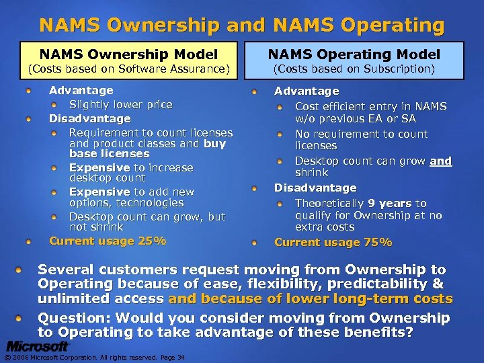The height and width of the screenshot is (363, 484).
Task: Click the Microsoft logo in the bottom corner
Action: pyautogui.click(x=38, y=347)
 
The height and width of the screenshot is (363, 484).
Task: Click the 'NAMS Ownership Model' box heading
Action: pyautogui.click(x=128, y=54)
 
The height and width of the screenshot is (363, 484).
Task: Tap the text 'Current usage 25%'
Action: pyautogui.click(x=107, y=241)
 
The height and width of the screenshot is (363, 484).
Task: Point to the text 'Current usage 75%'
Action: pyautogui.click(x=333, y=242)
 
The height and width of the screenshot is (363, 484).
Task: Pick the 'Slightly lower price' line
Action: pyautogui.click(x=120, y=104)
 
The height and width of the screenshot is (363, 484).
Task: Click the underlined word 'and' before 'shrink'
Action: pyautogui.click(x=441, y=161)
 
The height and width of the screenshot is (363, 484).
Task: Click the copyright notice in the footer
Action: pyautogui.click(x=91, y=357)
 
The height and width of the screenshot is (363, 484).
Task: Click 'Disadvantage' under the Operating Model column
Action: pyautogui.click(x=315, y=188)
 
